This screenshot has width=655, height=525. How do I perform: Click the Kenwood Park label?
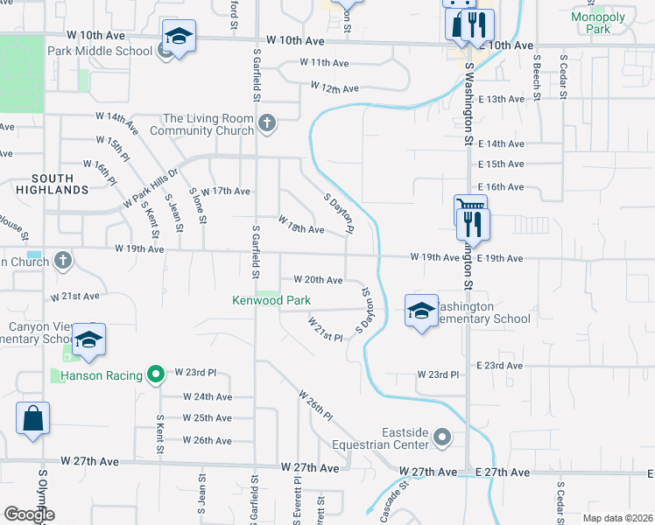pyautogui.click(x=271, y=300)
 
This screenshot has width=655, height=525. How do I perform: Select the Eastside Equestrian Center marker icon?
pyautogui.click(x=444, y=436)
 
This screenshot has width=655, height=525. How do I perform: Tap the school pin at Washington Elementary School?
pyautogui.click(x=421, y=311)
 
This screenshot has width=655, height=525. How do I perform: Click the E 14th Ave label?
pyautogui.click(x=501, y=143)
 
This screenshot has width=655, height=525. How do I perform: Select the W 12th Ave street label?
pyautogui.click(x=334, y=88)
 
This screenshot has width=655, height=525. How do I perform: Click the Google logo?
pyautogui.click(x=30, y=514)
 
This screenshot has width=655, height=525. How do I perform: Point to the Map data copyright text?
pyautogui.click(x=617, y=518)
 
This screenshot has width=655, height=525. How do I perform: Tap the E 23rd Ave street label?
pyautogui.click(x=501, y=365)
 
